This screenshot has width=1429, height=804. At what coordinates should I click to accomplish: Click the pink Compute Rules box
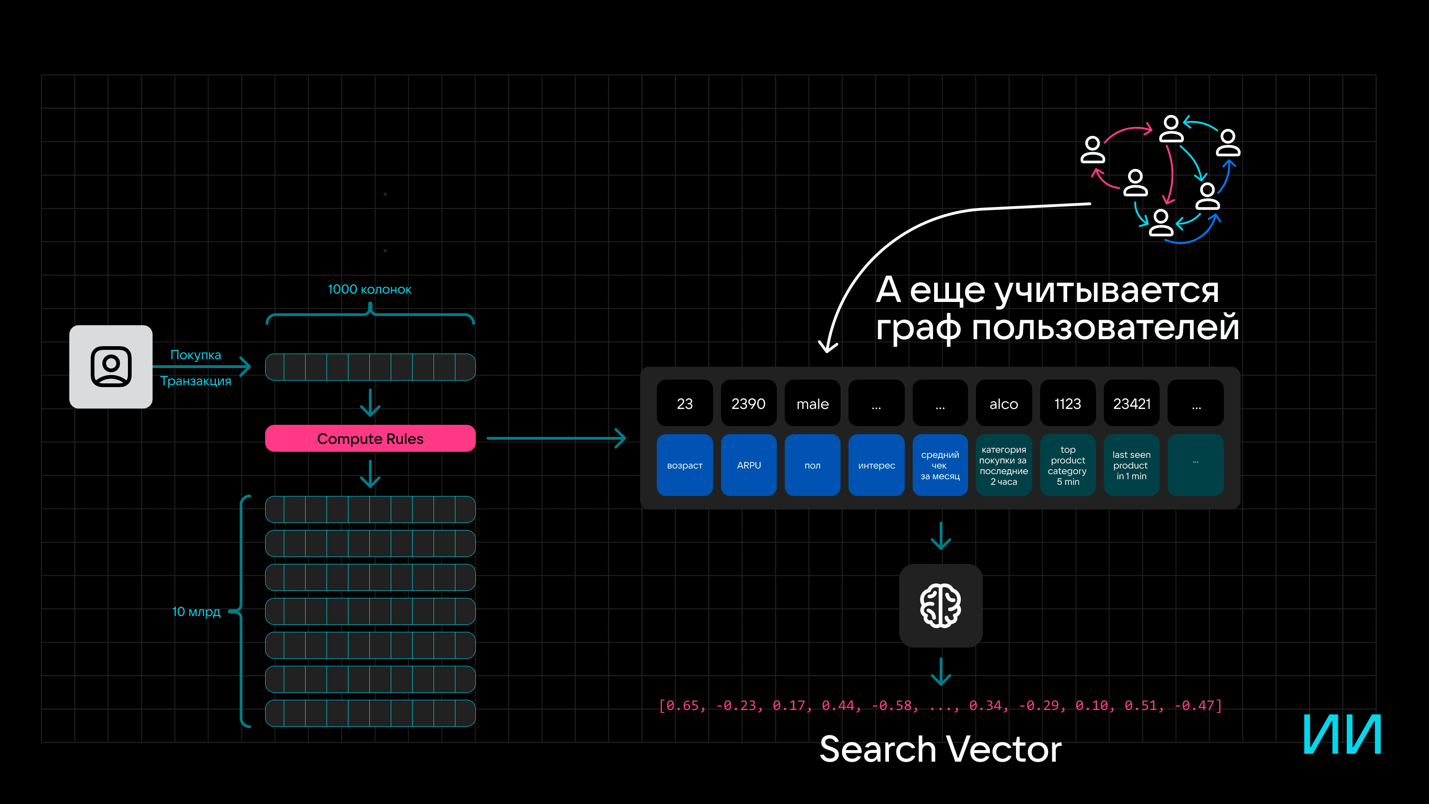370,438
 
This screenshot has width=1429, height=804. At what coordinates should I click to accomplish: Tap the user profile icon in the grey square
111,367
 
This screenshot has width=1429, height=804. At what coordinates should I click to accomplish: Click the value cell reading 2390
748,403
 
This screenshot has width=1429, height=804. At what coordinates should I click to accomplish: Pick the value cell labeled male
812,403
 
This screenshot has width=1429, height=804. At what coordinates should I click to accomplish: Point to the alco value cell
1003,403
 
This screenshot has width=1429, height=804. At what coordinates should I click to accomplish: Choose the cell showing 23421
1132,403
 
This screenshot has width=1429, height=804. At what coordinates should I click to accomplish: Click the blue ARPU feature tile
748,465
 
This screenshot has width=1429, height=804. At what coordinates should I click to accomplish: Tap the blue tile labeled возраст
685,465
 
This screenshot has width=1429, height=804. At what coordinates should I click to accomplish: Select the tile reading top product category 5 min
1067,465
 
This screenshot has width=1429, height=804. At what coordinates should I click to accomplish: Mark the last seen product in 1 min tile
1131,465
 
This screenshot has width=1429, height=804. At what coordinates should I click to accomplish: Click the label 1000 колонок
369,289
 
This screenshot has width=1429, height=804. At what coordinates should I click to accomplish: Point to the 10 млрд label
196,611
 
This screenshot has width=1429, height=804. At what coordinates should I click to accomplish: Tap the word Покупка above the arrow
195,355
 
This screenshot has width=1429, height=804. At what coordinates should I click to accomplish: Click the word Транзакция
195,381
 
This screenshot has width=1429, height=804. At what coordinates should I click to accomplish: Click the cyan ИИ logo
1342,734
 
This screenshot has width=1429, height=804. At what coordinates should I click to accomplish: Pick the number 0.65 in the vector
682,705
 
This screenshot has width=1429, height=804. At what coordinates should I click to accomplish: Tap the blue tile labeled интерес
876,465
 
